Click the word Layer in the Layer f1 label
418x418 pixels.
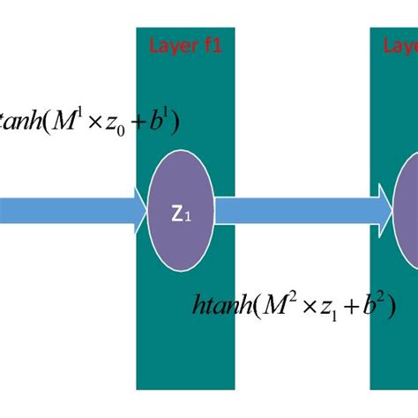point(169,47)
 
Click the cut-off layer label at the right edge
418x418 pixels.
point(400,47)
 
